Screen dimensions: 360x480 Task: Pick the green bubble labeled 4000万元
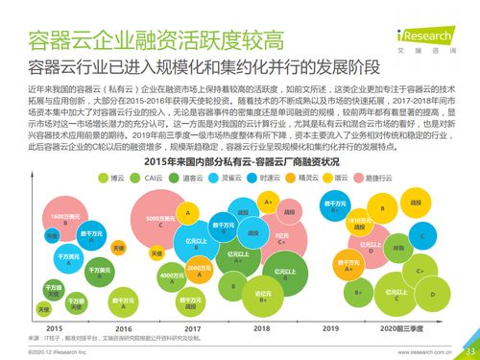click(x=172, y=276)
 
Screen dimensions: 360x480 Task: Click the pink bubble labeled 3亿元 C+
click(x=281, y=237)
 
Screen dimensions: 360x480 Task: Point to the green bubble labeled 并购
click(x=397, y=248)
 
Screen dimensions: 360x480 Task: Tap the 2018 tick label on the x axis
click(x=261, y=328)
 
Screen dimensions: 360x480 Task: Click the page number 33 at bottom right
click(x=469, y=351)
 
